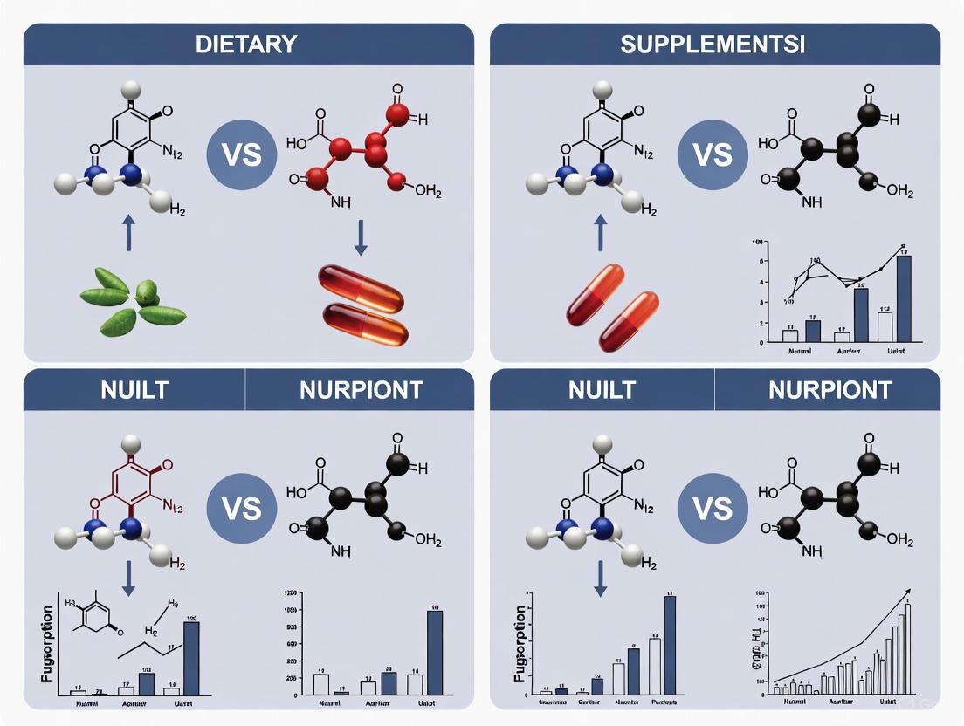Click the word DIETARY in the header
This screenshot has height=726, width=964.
246,44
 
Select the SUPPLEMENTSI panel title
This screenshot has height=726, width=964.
713,44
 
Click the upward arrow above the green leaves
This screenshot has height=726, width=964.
129,233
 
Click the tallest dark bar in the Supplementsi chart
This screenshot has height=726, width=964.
904,297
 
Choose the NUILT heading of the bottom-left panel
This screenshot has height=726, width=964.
134,389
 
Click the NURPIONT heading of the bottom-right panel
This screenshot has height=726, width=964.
830,389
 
